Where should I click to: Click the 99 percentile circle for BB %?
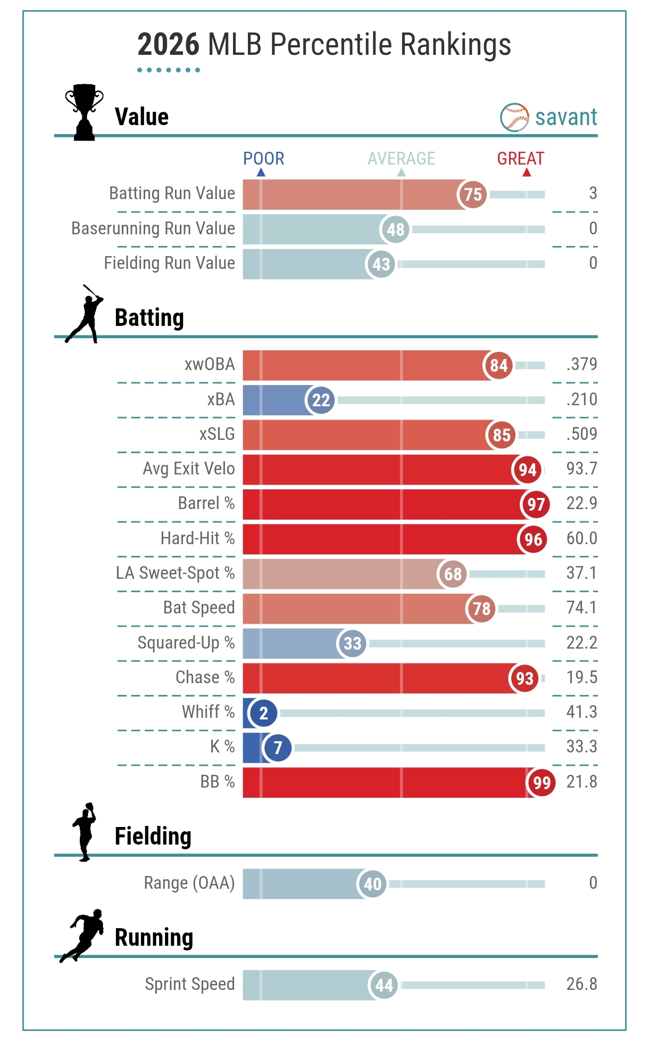click(x=541, y=782)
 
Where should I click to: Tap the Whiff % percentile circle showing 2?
click(x=263, y=713)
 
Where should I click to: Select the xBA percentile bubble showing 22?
click(x=321, y=400)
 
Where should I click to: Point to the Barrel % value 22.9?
click(x=581, y=503)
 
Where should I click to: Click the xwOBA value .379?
click(x=581, y=364)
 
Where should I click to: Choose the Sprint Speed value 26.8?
click(x=581, y=984)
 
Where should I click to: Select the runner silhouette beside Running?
click(x=82, y=936)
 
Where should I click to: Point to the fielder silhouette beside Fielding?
click(x=84, y=832)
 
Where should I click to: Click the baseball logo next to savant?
click(x=514, y=117)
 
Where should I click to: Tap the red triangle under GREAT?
click(x=526, y=173)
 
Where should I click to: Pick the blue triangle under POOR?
click(x=261, y=173)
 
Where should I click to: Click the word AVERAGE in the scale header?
click(x=401, y=159)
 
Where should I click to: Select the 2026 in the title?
click(x=168, y=45)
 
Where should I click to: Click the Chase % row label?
click(x=205, y=677)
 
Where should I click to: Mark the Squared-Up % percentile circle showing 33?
click(x=352, y=643)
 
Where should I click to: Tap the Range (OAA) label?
click(x=189, y=883)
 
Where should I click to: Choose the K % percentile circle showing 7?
click(x=277, y=748)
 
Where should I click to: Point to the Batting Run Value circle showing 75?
click(x=472, y=194)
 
